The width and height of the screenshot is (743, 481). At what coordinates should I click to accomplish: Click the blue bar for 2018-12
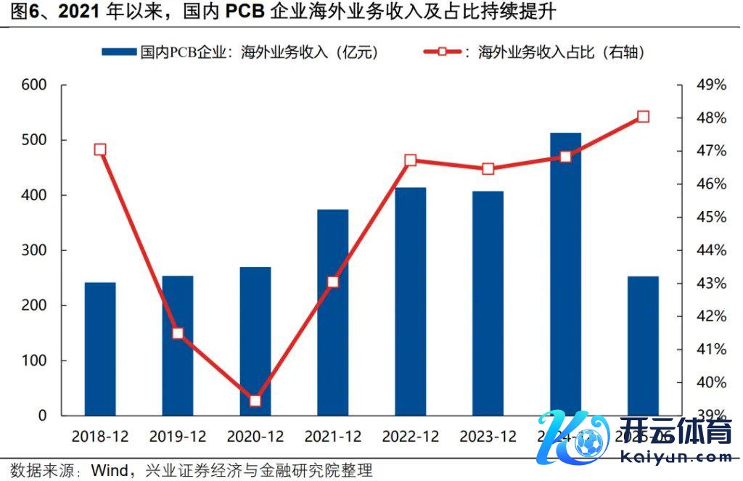pyautogui.click(x=100, y=349)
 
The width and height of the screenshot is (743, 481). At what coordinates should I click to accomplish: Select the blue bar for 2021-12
pyautogui.click(x=333, y=313)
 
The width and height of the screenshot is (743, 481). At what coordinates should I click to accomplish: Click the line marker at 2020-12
pyautogui.click(x=255, y=401)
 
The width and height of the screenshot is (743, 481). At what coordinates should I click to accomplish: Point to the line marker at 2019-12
pyautogui.click(x=178, y=334)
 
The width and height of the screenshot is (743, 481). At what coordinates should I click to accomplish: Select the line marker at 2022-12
pyautogui.click(x=411, y=160)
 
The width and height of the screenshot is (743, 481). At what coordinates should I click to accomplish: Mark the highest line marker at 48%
pyautogui.click(x=643, y=117)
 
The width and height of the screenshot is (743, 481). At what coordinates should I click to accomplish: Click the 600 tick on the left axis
pyautogui.click(x=33, y=85)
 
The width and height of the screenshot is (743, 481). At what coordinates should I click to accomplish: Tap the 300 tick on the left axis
pyautogui.click(x=33, y=250)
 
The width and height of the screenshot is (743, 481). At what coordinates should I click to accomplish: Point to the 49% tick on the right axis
pyautogui.click(x=710, y=85)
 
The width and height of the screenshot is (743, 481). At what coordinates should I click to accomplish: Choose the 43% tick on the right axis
pyautogui.click(x=710, y=283)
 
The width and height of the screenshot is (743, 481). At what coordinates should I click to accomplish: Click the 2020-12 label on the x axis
pyautogui.click(x=255, y=437)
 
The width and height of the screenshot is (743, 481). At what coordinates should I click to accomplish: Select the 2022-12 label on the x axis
pyautogui.click(x=411, y=437)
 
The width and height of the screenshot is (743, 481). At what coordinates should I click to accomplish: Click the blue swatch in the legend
pyautogui.click(x=118, y=52)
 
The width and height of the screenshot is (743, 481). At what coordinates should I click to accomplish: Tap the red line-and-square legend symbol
pyautogui.click(x=441, y=52)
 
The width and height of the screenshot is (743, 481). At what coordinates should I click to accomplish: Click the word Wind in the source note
pyautogui.click(x=108, y=470)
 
